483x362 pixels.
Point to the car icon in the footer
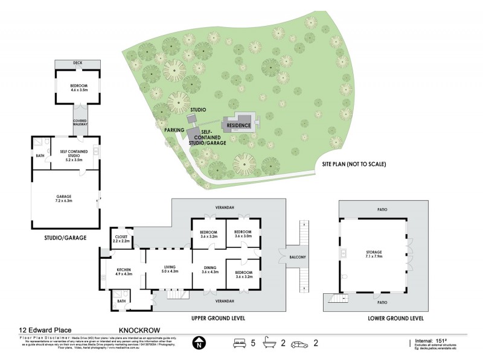299,344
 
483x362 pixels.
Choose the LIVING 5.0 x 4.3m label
169,270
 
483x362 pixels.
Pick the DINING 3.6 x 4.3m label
211,270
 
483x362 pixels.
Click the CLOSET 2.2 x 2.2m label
121,238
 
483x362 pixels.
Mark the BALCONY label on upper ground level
296,258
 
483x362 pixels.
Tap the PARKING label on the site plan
174,129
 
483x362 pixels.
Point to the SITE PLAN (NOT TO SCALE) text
354,164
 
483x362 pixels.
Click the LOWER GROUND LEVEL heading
395,318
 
